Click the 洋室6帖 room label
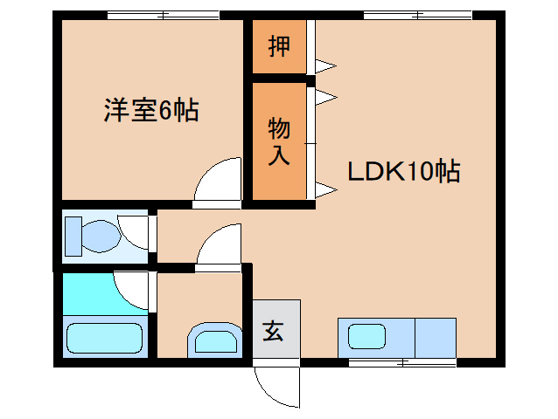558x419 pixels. point(151,110)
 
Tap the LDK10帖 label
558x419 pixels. point(403,171)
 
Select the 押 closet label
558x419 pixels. point(279,46)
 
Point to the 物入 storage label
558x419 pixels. point(279,141)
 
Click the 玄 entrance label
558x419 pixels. point(273,331)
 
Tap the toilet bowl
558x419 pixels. point(101,237)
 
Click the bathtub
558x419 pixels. point(105,338)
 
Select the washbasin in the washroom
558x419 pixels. point(215,340)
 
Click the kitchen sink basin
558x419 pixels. point(366,337)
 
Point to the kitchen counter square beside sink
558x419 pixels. point(436,338)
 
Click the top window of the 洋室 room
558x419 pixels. point(164,15)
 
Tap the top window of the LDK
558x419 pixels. point(418,15)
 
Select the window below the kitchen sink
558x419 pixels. point(402,363)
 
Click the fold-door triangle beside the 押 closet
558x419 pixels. point(324,66)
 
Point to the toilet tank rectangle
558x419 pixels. point(73,237)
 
